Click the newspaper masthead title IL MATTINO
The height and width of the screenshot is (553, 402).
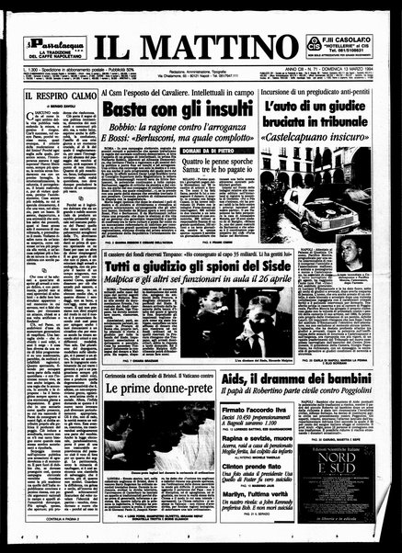(x=200, y=41)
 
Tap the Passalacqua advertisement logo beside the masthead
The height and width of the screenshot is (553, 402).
(x=52, y=41)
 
